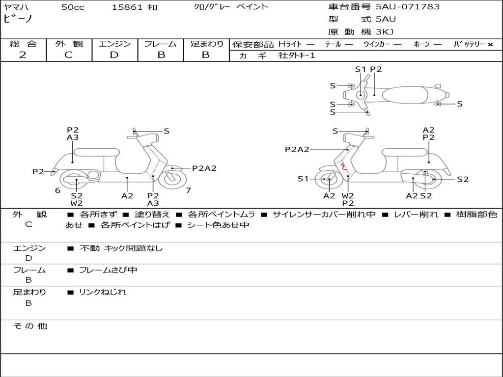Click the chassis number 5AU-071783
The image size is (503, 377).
click(408, 7)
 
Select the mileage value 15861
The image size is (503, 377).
click(127, 7)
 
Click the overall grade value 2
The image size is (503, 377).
click(23, 55)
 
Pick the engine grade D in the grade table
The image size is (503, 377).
click(114, 55)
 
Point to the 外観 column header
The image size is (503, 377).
click(69, 44)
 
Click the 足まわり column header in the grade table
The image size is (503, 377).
click(206, 44)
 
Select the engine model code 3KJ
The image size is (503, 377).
click(385, 32)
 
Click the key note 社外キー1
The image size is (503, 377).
click(297, 55)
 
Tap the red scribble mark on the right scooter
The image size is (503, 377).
click(345, 168)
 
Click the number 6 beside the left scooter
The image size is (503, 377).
click(57, 190)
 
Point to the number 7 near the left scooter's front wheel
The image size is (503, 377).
click(188, 190)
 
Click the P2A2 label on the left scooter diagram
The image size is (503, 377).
click(204, 168)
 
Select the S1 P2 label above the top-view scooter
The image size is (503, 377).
click(368, 69)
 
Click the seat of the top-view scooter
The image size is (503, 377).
click(407, 94)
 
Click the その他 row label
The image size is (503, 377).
click(30, 326)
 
